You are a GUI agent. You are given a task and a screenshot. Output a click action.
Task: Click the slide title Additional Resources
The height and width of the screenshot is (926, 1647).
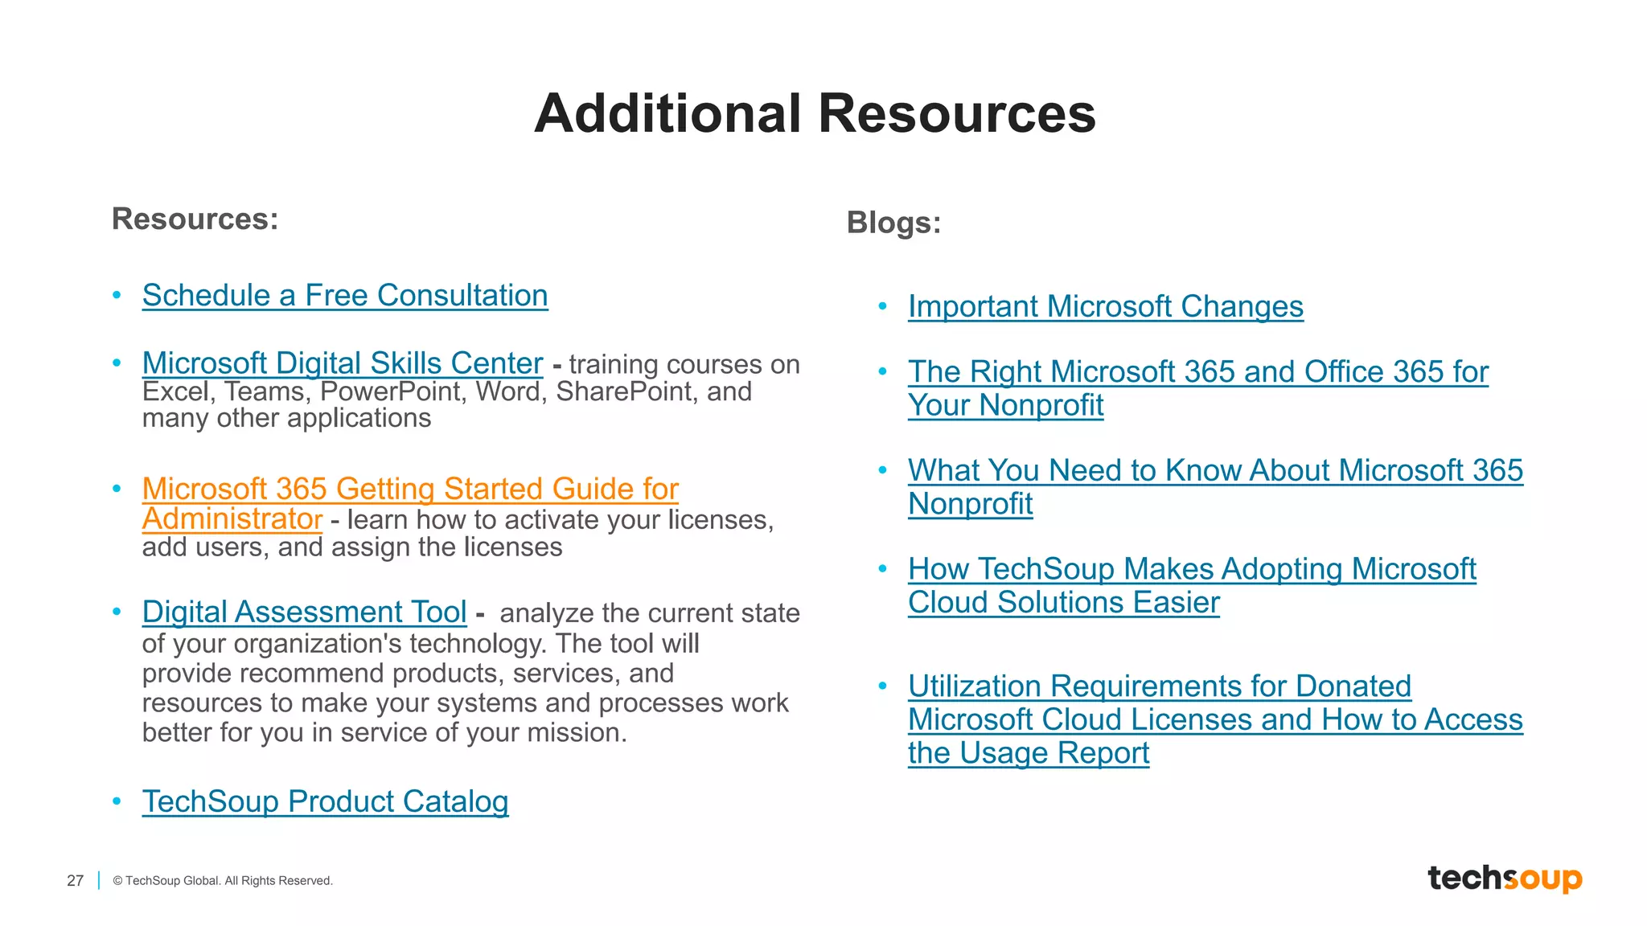tap(815, 113)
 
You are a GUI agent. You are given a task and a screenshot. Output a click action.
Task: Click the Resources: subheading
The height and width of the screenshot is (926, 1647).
tap(195, 219)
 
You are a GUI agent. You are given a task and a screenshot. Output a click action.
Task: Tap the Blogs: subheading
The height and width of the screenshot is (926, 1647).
tap(893, 223)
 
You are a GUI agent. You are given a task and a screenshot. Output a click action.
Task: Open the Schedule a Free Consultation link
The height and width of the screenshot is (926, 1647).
tap(345, 296)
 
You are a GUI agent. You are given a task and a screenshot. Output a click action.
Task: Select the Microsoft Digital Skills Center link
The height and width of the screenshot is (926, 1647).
tap(343, 363)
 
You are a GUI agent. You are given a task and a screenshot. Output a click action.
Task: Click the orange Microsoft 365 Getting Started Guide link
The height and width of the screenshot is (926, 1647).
tap(410, 490)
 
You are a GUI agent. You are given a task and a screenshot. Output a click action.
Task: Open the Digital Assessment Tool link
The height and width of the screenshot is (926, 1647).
tap(304, 613)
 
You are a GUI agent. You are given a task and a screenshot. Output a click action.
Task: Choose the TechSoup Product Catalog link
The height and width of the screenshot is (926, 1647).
tap(325, 801)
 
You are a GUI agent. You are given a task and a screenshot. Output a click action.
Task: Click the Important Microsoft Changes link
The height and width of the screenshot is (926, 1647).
tap(1106, 307)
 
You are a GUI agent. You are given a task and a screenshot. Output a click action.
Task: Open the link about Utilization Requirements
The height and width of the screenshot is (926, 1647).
tap(1159, 686)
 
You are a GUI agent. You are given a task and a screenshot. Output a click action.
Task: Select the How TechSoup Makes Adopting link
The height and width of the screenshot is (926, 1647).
tap(1192, 569)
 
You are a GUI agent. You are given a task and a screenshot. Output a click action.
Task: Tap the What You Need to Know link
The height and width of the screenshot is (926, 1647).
tap(1215, 471)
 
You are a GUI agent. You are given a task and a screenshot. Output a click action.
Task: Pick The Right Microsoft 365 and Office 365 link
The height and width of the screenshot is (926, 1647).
tap(1198, 372)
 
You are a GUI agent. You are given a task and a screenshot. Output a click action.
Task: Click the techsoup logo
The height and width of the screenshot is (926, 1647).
tap(1504, 879)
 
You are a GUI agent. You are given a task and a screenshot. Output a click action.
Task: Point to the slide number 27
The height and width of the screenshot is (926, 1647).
tap(75, 881)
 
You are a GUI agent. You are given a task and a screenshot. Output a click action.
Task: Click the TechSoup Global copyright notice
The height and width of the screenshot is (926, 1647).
tap(223, 881)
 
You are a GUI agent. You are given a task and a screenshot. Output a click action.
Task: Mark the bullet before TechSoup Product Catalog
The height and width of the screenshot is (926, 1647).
tap(117, 801)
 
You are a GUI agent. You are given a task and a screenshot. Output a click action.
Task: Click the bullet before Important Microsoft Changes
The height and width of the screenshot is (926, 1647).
tap(883, 306)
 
